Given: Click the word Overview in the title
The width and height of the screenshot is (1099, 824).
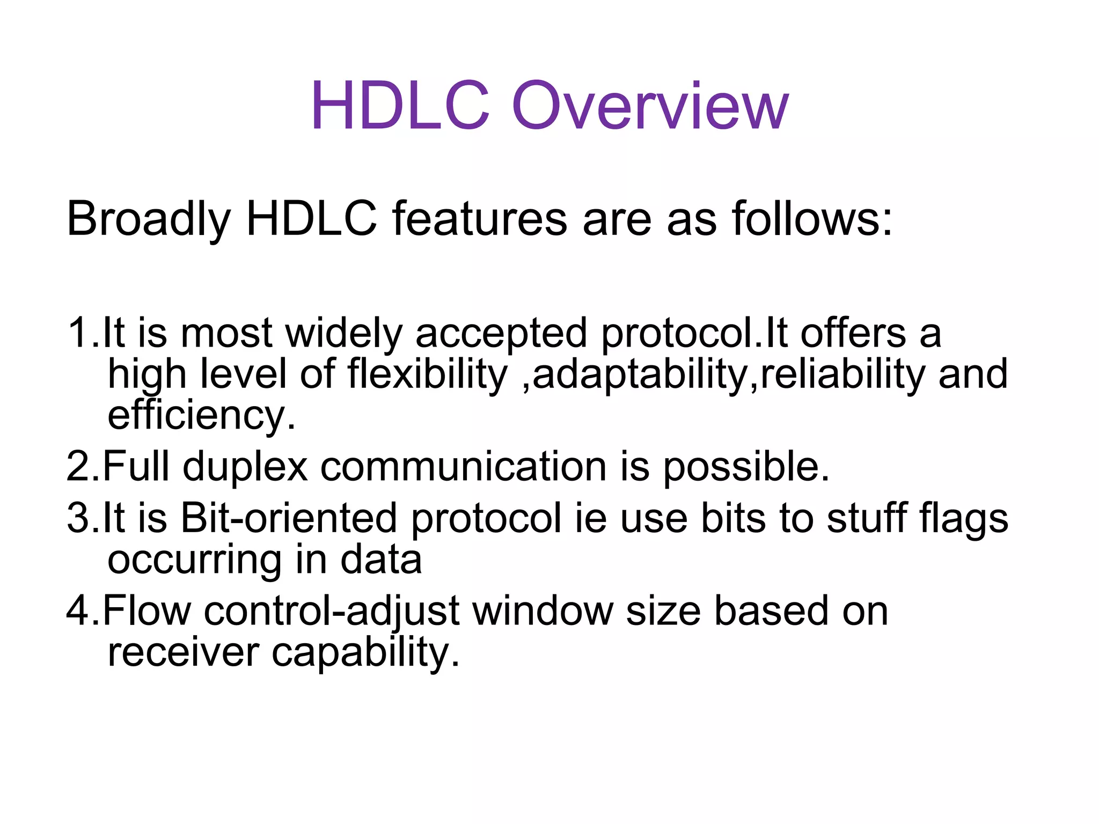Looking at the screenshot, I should click(x=650, y=106).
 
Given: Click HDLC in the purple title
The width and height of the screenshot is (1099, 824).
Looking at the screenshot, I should click(x=400, y=106).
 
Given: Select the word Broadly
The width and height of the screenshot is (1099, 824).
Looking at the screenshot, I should click(x=148, y=219).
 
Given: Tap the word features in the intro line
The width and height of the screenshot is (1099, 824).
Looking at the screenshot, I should click(x=479, y=219).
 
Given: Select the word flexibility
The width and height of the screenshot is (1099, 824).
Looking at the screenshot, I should click(x=427, y=374).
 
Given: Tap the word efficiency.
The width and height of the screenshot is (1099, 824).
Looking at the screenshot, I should click(x=201, y=415).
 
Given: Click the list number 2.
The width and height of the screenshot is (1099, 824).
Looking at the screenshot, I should click(x=78, y=466).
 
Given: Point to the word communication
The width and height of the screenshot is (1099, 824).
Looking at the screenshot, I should click(x=463, y=466).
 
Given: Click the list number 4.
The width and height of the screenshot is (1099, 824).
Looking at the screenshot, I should click(x=78, y=611).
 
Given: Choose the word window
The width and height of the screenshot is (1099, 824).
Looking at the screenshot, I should click(x=543, y=611).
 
